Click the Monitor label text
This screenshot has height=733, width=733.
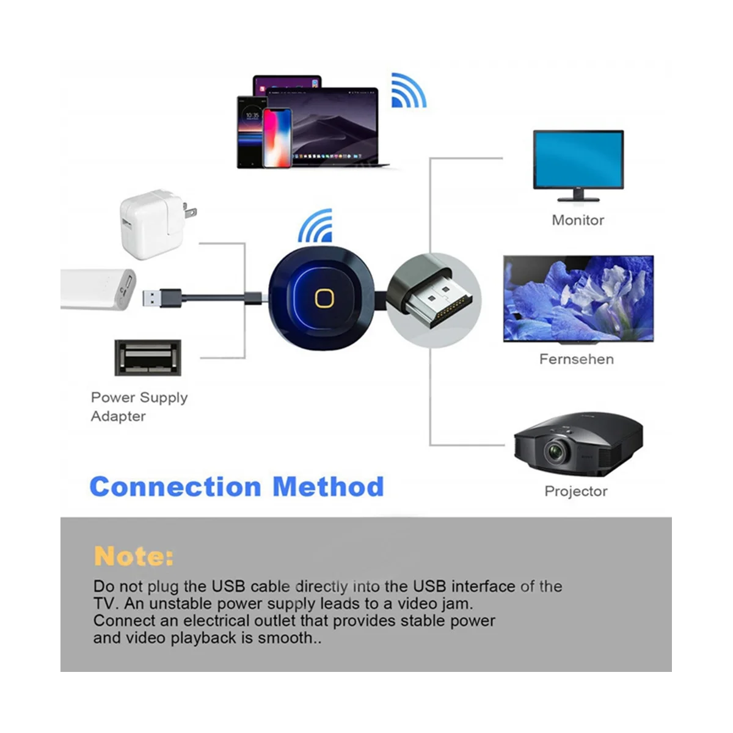(577, 220)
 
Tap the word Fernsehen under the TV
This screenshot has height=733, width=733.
(576, 359)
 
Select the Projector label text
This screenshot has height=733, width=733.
(575, 491)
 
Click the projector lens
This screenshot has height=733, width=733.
(556, 452)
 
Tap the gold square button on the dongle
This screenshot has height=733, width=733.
(322, 298)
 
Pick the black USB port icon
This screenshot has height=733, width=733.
(148, 357)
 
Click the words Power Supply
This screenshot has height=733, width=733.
(139, 398)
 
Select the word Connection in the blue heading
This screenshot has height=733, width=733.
(176, 487)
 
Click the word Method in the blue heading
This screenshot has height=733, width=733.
(328, 487)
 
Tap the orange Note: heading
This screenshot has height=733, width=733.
(134, 556)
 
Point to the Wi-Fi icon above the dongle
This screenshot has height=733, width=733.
(316, 226)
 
